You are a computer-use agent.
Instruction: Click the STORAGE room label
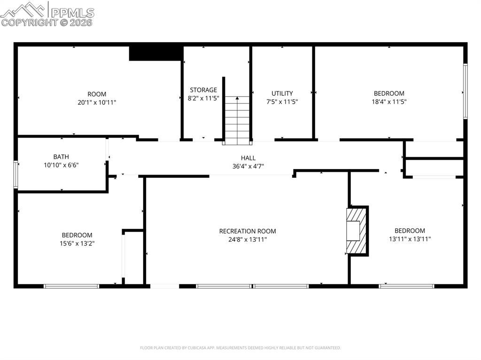[x=203, y=90]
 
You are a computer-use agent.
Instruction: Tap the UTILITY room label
[x=282, y=93]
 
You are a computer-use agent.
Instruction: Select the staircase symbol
[x=236, y=120]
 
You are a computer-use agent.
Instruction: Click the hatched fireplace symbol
[x=357, y=230]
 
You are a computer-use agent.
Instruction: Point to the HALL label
[x=248, y=158]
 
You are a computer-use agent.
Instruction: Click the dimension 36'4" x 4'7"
[x=248, y=166]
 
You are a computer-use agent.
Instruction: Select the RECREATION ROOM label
[x=248, y=231]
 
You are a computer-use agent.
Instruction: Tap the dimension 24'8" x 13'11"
[x=248, y=239]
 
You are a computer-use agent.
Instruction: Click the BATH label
[x=61, y=157]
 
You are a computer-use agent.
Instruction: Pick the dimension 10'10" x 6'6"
[x=61, y=165]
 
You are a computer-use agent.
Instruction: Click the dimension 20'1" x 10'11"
[x=97, y=102]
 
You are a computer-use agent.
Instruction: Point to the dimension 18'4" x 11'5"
[x=389, y=101]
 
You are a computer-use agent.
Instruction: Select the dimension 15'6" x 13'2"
[x=77, y=243]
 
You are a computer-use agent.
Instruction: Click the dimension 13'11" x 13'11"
[x=410, y=239]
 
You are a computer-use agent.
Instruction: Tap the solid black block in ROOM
[x=155, y=53]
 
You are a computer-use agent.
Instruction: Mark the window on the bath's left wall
[x=16, y=174]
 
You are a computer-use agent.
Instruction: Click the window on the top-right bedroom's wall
[x=465, y=91]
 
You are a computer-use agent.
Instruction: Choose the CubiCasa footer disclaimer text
[x=240, y=348]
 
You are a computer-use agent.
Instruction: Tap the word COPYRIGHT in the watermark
[x=29, y=22]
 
